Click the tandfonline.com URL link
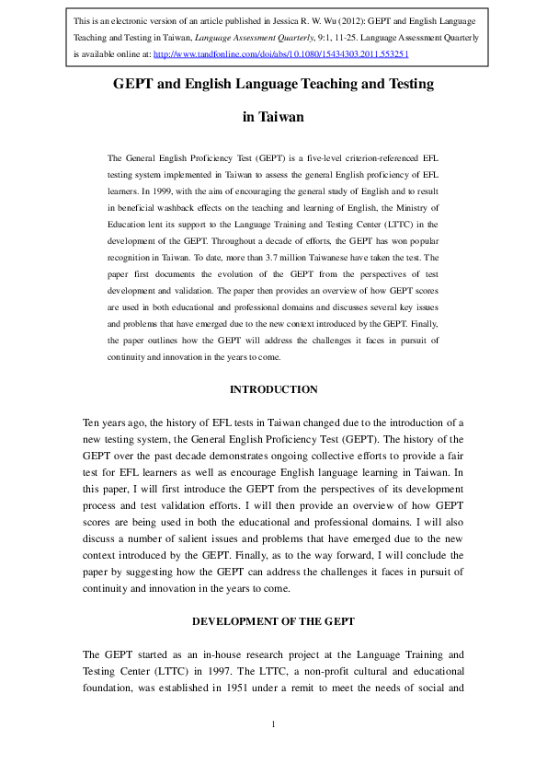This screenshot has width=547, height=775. click(281, 54)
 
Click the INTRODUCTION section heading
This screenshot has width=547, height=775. click(273, 389)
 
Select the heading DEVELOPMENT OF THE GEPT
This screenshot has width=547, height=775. click(273, 621)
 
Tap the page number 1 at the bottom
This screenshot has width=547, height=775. click(273, 724)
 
